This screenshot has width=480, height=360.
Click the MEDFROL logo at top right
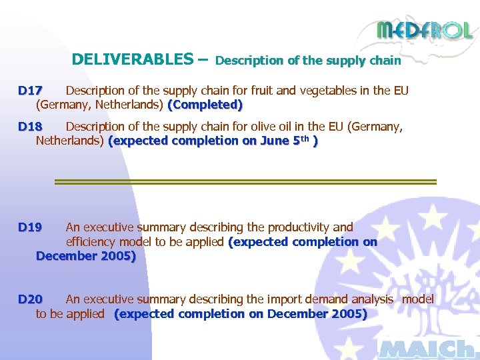(424, 31)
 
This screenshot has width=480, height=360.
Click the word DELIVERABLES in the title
(132, 59)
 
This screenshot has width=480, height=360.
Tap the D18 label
(31, 127)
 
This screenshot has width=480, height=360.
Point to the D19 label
(31, 228)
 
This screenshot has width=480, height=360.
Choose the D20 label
(31, 299)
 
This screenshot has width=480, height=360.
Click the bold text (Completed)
(205, 105)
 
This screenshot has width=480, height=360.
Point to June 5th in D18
(288, 141)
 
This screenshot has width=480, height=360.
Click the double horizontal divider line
(245, 181)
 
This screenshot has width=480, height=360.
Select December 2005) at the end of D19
(86, 257)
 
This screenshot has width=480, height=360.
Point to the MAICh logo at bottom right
(427, 348)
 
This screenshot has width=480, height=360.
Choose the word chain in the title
(386, 61)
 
